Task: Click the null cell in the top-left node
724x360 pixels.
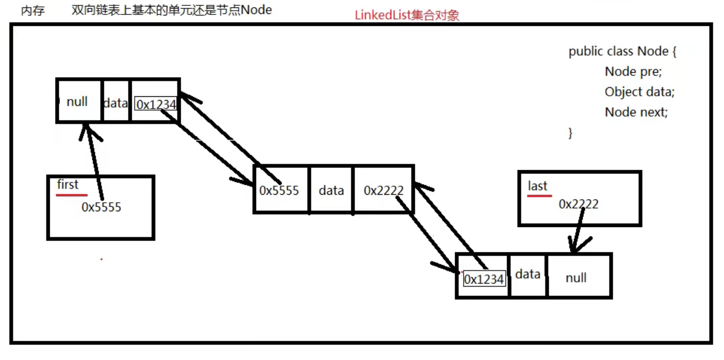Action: pyautogui.click(x=77, y=102)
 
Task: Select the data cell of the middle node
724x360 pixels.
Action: pyautogui.click(x=331, y=190)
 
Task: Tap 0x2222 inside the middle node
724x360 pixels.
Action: pyautogui.click(x=383, y=190)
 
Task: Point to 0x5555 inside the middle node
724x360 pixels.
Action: pyautogui.click(x=279, y=190)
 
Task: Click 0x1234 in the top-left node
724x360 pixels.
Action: pyautogui.click(x=156, y=105)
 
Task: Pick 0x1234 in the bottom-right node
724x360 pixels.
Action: pyautogui.click(x=484, y=279)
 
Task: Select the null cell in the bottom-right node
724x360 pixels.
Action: pyautogui.click(x=576, y=278)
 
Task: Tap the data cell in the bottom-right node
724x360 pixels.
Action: pyautogui.click(x=528, y=274)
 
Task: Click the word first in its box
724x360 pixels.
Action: pyautogui.click(x=68, y=185)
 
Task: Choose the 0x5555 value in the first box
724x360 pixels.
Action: pyautogui.click(x=101, y=207)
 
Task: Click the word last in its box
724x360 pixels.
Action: pyautogui.click(x=537, y=186)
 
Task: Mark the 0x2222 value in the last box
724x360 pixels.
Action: pyautogui.click(x=579, y=204)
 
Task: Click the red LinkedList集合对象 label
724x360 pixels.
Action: pyautogui.click(x=407, y=15)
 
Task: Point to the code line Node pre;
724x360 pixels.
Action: pyautogui.click(x=633, y=72)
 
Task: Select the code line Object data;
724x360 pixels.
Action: pyautogui.click(x=640, y=92)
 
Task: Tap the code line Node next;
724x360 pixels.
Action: pyautogui.click(x=636, y=112)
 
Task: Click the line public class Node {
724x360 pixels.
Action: pyautogui.click(x=623, y=51)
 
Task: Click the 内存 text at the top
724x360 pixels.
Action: pyautogui.click(x=33, y=11)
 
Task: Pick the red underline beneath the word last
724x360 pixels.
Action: pyautogui.click(x=539, y=196)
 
